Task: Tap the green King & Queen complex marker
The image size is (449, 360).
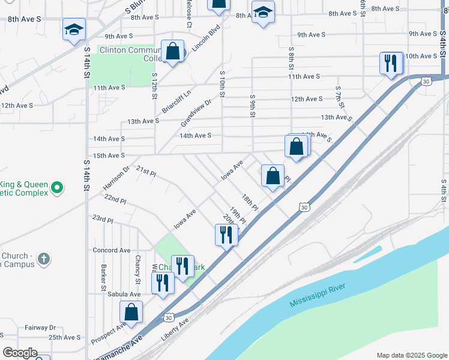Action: point(57,188)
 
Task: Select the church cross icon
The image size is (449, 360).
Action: point(43,259)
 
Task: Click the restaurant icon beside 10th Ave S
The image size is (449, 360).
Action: point(390,62)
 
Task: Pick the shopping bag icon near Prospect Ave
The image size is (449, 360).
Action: point(131,313)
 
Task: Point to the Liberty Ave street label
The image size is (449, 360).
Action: point(175,330)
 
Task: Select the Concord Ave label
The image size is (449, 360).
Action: point(111,250)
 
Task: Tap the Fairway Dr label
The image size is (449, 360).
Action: point(40,328)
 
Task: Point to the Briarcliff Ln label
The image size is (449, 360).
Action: point(176,102)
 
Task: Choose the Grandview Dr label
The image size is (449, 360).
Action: point(196,113)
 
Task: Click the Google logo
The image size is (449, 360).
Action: point(20,353)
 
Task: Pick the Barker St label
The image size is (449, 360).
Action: point(104,274)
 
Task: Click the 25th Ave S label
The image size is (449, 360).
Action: point(65,338)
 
